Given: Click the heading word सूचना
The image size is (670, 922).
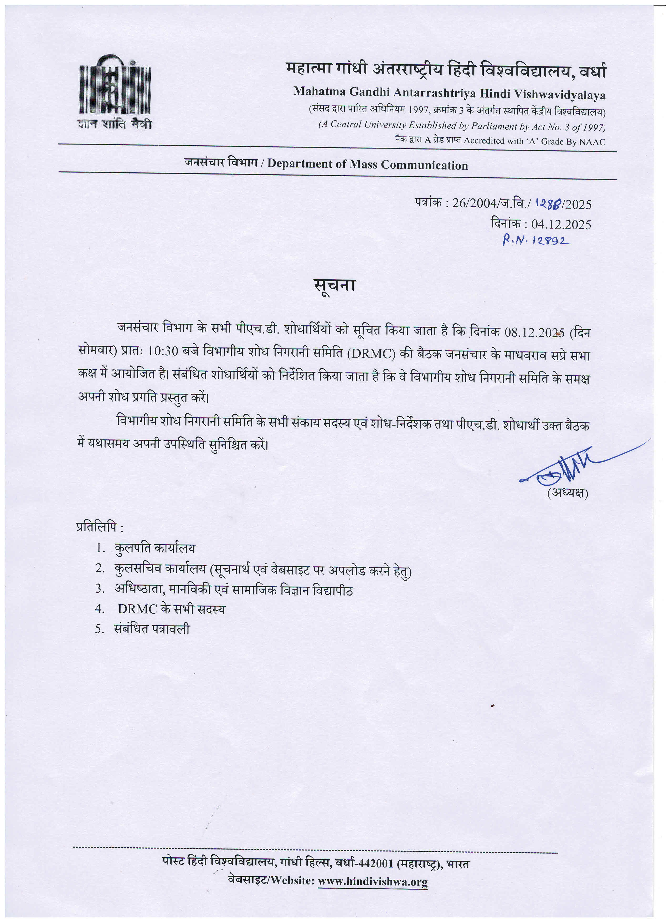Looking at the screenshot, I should point(335,285).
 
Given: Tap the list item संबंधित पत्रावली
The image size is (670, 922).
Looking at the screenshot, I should point(152,629).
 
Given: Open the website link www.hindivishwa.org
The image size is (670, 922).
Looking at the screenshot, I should point(373,882).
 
